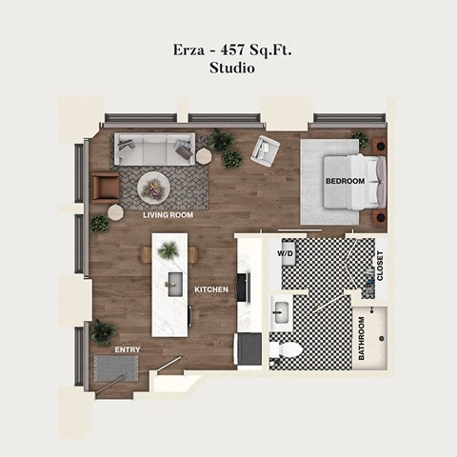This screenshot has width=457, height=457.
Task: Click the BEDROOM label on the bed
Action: coord(345,181)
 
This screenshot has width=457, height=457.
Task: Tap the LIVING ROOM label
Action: coord(169,215)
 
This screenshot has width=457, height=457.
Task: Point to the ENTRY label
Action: coord(128,349)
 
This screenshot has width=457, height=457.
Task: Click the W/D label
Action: coord(286,254)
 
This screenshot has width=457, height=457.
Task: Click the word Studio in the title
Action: coord(231,70)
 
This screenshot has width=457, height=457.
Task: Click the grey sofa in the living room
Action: coord(154,148)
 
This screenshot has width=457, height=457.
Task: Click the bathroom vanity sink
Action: coord(281,311)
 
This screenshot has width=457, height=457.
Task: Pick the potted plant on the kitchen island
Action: coord(169,249)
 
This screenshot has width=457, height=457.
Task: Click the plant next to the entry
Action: coord(103,330)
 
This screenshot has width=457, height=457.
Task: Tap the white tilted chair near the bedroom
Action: coord(266,149)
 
